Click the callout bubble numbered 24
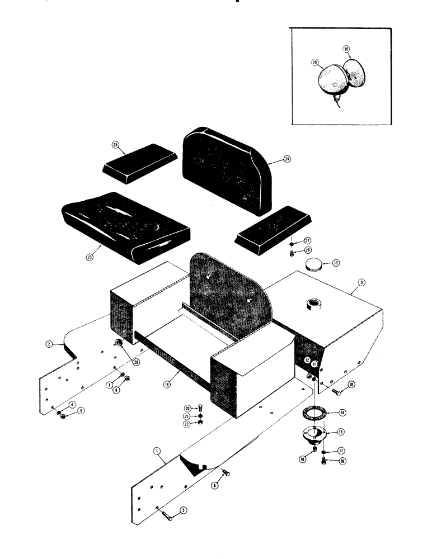(287, 159)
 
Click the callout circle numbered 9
(362, 283)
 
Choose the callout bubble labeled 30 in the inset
(346, 50)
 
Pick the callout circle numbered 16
(342, 461)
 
